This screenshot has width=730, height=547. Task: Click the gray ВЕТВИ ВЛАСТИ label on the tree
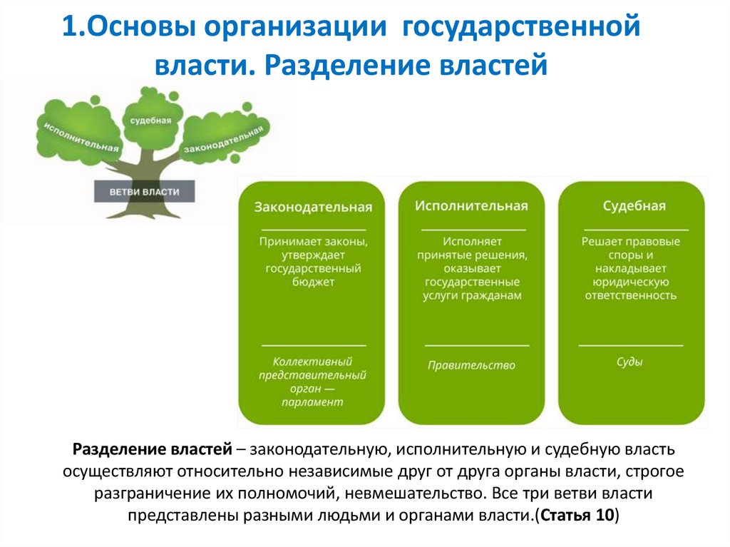point(144,193)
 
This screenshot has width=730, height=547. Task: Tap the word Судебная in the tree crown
point(150,121)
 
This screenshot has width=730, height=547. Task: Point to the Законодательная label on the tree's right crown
point(224,139)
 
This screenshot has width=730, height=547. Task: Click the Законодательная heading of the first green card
point(314,208)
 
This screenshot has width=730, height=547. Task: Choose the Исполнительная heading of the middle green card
point(471,206)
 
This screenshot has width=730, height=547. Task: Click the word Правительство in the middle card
point(471,365)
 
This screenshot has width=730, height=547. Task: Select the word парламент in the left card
point(312,402)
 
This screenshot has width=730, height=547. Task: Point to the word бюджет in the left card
point(314,282)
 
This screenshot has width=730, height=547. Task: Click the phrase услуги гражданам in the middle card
point(471,296)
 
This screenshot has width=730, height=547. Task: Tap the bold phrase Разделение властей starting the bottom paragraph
point(152,451)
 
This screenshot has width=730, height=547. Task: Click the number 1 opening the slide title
point(68,30)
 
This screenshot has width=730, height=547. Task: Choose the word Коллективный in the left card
point(312,362)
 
